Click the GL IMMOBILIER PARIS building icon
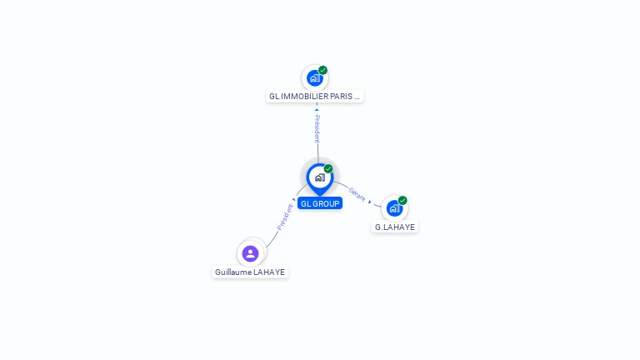(314, 78)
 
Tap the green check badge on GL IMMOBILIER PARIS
(323, 70)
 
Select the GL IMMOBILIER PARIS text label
(314, 97)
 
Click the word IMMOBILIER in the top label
(304, 97)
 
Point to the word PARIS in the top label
(342, 97)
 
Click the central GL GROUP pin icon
(319, 177)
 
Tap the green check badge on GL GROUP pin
(328, 169)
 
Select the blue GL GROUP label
(319, 203)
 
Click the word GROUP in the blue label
(326, 203)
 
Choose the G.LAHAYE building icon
(394, 208)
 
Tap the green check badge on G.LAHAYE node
(402, 200)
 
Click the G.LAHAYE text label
(394, 227)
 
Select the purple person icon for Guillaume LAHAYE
(250, 253)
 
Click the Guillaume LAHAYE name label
(250, 272)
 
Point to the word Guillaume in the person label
(233, 272)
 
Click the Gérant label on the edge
(357, 193)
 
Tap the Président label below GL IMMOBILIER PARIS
(317, 128)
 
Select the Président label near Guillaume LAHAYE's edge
(284, 217)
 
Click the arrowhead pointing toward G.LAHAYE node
(370, 202)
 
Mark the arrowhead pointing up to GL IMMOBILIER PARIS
(317, 109)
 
